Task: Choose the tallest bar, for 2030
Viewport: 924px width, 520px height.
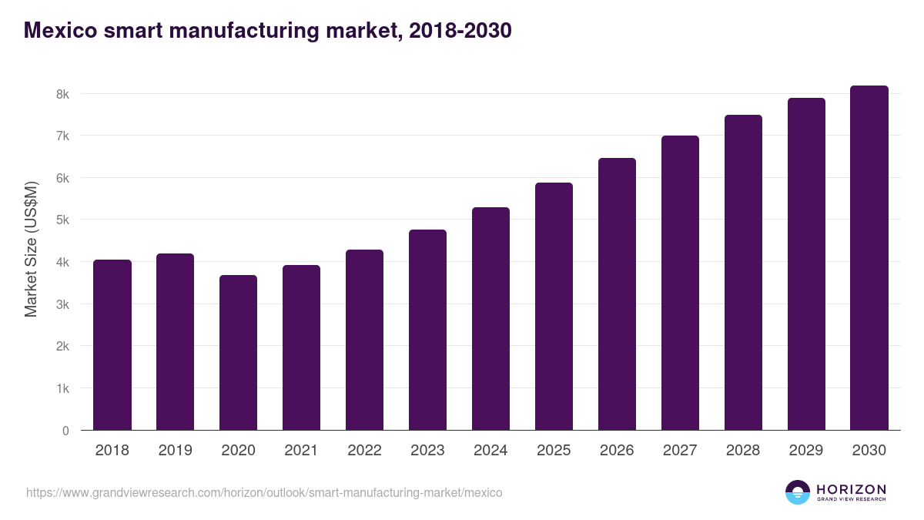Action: [869, 258]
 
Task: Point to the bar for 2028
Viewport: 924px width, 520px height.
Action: [744, 273]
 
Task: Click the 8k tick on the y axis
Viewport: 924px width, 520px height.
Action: [62, 94]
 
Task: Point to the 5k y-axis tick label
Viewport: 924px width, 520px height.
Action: [62, 220]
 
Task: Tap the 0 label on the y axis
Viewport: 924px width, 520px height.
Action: [65, 431]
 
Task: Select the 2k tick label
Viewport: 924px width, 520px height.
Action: [62, 346]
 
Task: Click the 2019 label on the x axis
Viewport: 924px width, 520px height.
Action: [176, 451]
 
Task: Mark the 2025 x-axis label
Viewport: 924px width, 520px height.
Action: [554, 451]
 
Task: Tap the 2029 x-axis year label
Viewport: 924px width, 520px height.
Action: [806, 451]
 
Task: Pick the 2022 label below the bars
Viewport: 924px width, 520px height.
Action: [365, 451]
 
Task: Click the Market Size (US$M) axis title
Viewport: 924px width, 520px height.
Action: [32, 249]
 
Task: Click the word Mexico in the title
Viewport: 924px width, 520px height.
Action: [60, 30]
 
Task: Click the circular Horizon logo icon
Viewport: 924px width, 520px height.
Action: [798, 492]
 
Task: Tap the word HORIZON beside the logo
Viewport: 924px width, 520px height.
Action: [851, 489]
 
